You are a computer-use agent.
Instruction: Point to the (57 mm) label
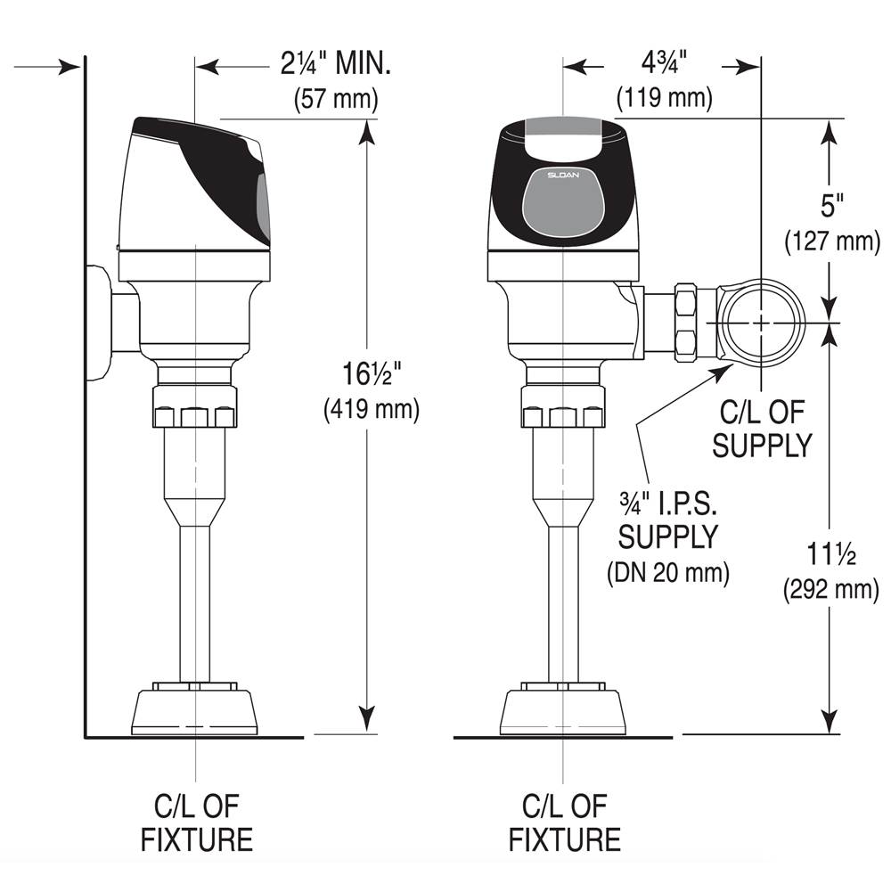(x=336, y=98)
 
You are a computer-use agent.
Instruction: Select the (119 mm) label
(x=666, y=97)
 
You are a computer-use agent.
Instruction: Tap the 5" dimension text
(x=832, y=207)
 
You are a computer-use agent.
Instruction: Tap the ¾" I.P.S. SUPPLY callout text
(x=668, y=520)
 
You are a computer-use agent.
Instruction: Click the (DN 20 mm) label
(x=668, y=572)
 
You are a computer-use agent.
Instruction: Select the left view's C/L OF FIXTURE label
(x=196, y=822)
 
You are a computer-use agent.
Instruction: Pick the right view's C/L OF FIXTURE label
(x=564, y=822)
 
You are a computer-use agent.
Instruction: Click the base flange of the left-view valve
(x=195, y=710)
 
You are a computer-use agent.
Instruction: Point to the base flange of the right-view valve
(x=563, y=710)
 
